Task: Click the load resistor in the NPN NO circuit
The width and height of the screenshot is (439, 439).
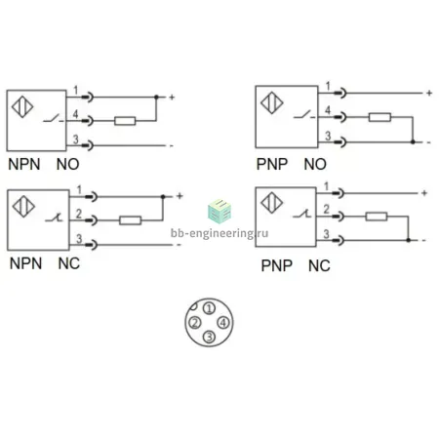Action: (125, 121)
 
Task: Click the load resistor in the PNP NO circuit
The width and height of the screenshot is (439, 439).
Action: (379, 117)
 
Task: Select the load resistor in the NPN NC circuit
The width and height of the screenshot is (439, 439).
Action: (130, 220)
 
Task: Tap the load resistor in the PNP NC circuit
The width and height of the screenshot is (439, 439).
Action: (377, 217)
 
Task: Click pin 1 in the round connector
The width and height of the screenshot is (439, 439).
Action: (210, 308)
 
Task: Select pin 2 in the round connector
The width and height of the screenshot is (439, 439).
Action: (195, 323)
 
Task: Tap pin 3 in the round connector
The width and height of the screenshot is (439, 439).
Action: (209, 337)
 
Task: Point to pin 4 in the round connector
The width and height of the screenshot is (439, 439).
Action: (223, 323)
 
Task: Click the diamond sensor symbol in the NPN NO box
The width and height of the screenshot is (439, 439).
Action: (22, 106)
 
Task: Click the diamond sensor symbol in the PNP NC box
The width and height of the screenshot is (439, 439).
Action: (272, 203)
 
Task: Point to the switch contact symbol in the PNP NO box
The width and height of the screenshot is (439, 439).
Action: (304, 115)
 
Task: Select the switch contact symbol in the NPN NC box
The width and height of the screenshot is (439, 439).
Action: (54, 218)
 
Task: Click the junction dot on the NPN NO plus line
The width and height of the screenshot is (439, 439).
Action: (156, 97)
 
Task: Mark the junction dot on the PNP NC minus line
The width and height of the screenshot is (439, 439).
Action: (408, 240)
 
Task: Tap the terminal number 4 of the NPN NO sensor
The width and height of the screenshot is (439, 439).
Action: (75, 114)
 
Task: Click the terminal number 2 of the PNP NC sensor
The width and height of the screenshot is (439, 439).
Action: (327, 209)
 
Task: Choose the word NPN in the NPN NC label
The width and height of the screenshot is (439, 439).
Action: (25, 263)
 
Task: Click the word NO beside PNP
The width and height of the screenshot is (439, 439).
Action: (315, 164)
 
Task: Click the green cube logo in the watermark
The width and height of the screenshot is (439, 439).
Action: (219, 211)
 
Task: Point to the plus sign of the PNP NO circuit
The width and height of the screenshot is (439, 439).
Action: (429, 93)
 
